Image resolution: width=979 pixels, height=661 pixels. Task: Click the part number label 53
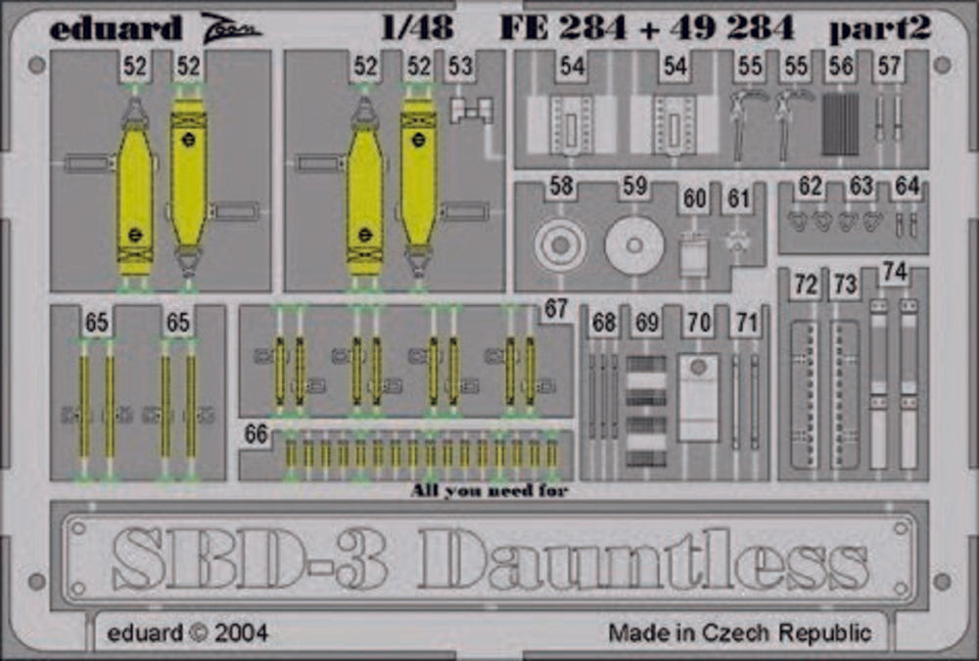pyautogui.click(x=461, y=66)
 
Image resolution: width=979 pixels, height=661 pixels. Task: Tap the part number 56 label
pyautogui.click(x=840, y=66)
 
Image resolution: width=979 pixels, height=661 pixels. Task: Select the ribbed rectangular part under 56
pyautogui.click(x=840, y=125)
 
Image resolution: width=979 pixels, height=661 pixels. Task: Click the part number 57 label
pyautogui.click(x=889, y=66)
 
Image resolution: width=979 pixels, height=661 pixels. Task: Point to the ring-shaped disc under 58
pyautogui.click(x=560, y=245)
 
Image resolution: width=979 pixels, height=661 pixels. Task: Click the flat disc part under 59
pyautogui.click(x=634, y=245)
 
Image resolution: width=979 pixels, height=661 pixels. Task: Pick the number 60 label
pyautogui.click(x=694, y=198)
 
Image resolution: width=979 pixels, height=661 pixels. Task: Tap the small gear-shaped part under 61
pyautogui.click(x=738, y=241)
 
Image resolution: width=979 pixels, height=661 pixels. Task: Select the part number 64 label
pyautogui.click(x=907, y=186)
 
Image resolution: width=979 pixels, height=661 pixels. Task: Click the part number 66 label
pyautogui.click(x=256, y=434)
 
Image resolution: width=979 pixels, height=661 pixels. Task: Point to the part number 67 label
pyautogui.click(x=555, y=309)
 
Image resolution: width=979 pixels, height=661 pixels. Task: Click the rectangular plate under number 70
pyautogui.click(x=698, y=398)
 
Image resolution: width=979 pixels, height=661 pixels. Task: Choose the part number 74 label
pyautogui.click(x=895, y=272)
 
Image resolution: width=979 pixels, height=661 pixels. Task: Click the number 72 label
pyautogui.click(x=806, y=286)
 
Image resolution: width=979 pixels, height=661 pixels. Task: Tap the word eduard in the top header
pyautogui.click(x=116, y=28)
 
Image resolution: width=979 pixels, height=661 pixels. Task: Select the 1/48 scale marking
pyautogui.click(x=416, y=27)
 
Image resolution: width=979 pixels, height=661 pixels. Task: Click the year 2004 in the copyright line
pyautogui.click(x=241, y=634)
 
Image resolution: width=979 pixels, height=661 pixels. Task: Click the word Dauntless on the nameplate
pyautogui.click(x=644, y=558)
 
